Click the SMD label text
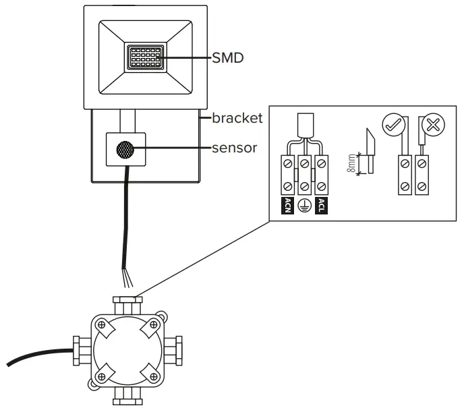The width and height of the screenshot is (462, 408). tap(227, 58)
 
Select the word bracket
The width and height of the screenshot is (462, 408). tap(237, 118)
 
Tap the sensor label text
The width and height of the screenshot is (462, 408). tap(234, 148)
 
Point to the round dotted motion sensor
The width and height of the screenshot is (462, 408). tap(125, 150)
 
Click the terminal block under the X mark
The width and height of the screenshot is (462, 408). tap(422, 174)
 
